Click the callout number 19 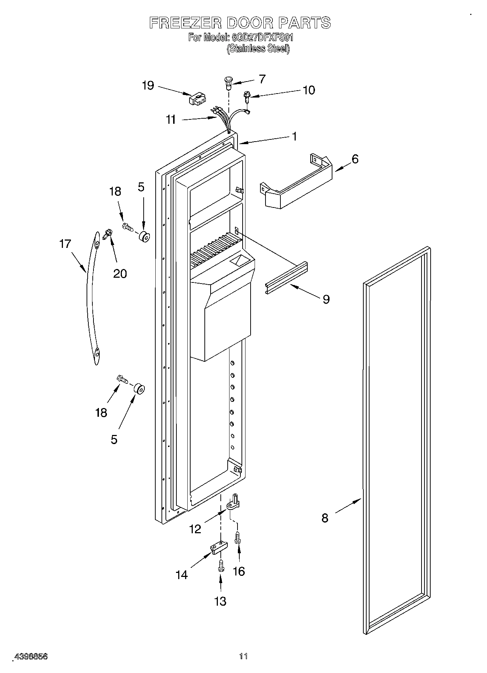pos(148,86)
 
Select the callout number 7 pos(262,79)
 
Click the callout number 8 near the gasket pos(325,518)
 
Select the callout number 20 pos(120,273)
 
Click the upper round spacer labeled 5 pos(144,237)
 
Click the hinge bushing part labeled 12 pos(233,503)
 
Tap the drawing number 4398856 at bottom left pos(31,657)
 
